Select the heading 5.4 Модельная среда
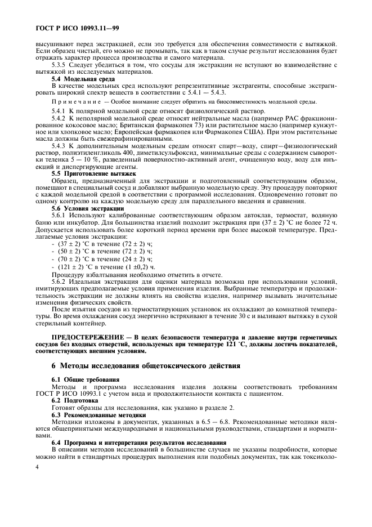pyautogui.click(x=83, y=79)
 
